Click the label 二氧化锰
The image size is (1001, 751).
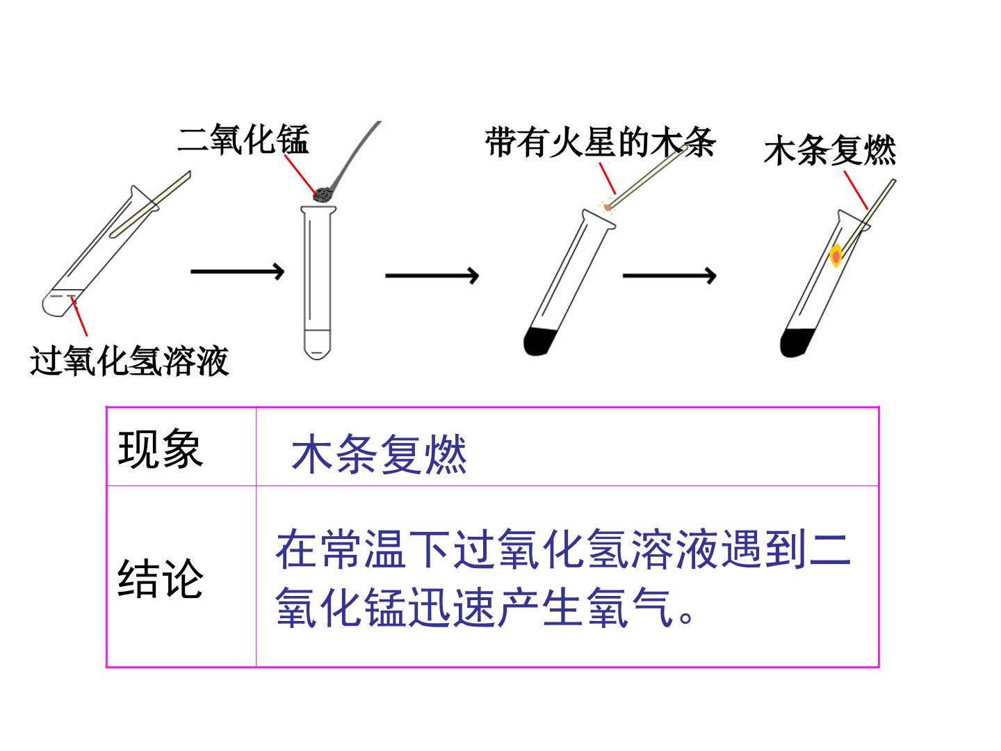point(243,139)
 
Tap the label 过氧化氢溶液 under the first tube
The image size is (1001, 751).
point(129,361)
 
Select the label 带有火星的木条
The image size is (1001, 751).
point(600,143)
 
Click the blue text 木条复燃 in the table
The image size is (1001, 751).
point(379,454)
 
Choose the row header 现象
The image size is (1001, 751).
point(160,449)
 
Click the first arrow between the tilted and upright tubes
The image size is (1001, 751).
point(237,271)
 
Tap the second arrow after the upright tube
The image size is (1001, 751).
point(432,275)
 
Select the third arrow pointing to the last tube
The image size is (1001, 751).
point(669,275)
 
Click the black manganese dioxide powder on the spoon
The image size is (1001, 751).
point(323,195)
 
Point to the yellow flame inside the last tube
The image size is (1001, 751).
point(836,256)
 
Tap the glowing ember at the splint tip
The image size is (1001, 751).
point(607,207)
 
